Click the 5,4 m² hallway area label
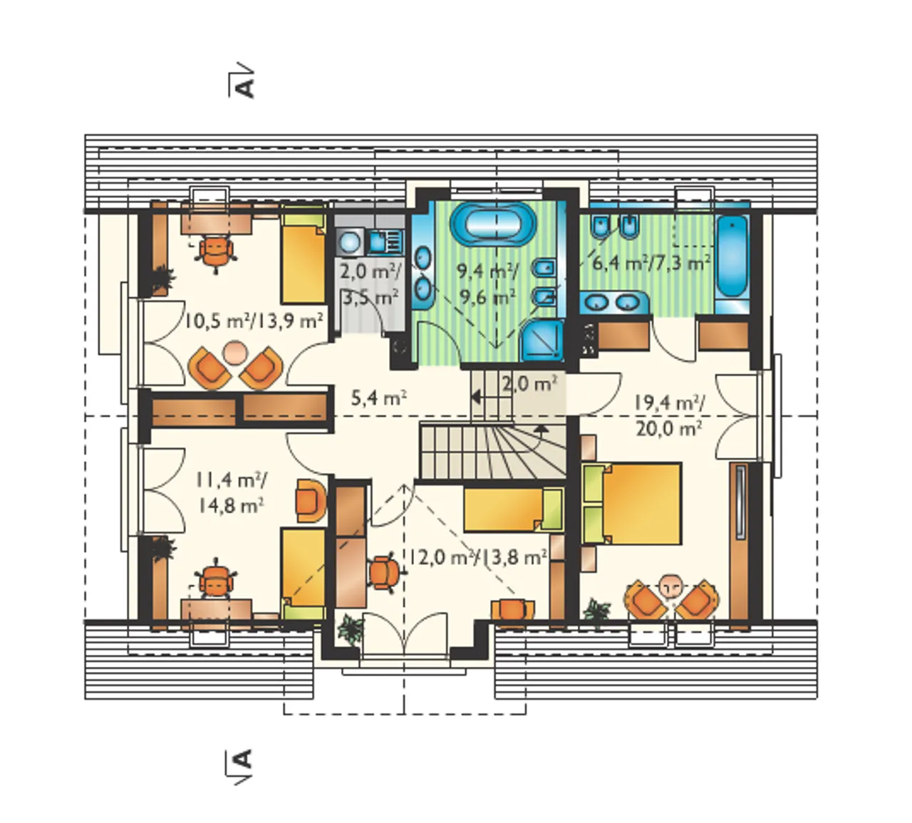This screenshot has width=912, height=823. pyautogui.click(x=379, y=399)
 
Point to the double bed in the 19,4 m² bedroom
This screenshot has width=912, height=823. pyautogui.click(x=632, y=503)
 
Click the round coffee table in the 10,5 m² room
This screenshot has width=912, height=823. pyautogui.click(x=236, y=353)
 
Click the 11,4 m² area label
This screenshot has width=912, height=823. pyautogui.click(x=232, y=480)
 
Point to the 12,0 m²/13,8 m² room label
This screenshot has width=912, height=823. pyautogui.click(x=477, y=557)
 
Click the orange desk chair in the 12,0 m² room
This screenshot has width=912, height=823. pyautogui.click(x=384, y=573)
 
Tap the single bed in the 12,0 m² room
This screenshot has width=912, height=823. pyautogui.click(x=513, y=509)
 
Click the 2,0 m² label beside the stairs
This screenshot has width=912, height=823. pyautogui.click(x=530, y=384)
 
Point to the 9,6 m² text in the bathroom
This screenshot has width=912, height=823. pyautogui.click(x=487, y=298)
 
